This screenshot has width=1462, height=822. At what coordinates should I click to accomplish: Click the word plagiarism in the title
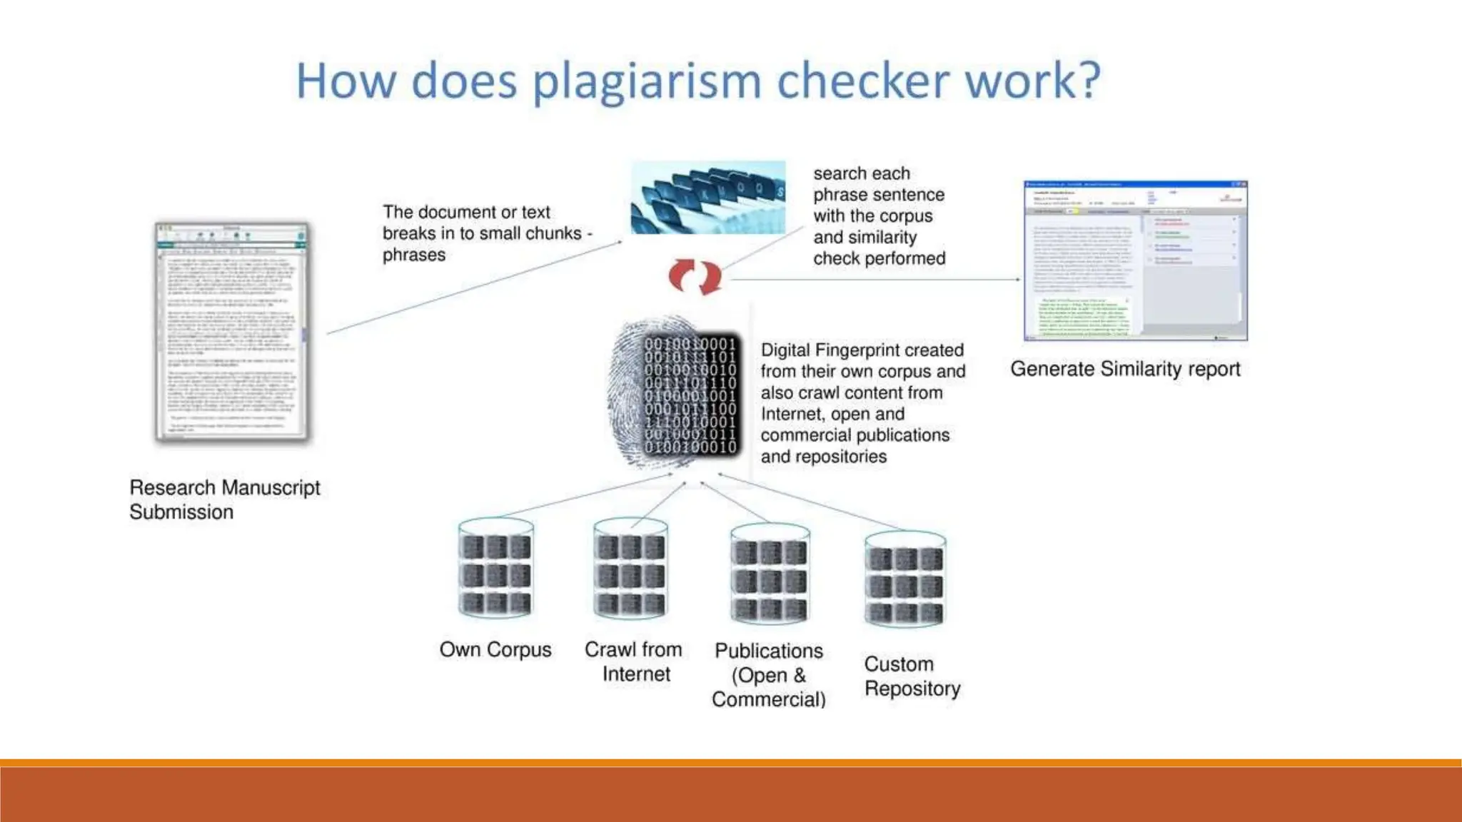(x=646, y=81)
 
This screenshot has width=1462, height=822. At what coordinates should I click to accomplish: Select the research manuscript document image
(x=232, y=333)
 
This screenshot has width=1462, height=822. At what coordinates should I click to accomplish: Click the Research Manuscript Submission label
(x=224, y=499)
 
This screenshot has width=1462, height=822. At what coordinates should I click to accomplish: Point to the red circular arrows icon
(x=695, y=277)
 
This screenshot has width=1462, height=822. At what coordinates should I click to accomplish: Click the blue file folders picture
(x=707, y=198)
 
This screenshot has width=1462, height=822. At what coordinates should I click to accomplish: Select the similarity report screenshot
(x=1135, y=261)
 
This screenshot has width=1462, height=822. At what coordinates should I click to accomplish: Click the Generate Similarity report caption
(x=1125, y=369)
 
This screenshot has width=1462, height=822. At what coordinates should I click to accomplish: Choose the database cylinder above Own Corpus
(x=495, y=569)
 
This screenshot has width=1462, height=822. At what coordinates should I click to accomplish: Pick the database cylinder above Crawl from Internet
(x=630, y=569)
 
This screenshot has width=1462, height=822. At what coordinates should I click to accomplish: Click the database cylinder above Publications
(x=770, y=575)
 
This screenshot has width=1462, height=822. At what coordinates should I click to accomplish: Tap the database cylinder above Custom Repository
(x=904, y=580)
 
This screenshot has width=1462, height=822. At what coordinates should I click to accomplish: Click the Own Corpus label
(x=495, y=649)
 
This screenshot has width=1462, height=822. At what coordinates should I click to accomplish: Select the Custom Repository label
(x=912, y=676)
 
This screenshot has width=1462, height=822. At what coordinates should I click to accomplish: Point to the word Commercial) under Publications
(x=769, y=699)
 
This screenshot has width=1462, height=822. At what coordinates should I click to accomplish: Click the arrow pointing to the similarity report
(x=874, y=279)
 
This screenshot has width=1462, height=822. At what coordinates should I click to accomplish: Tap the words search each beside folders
(x=862, y=173)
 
